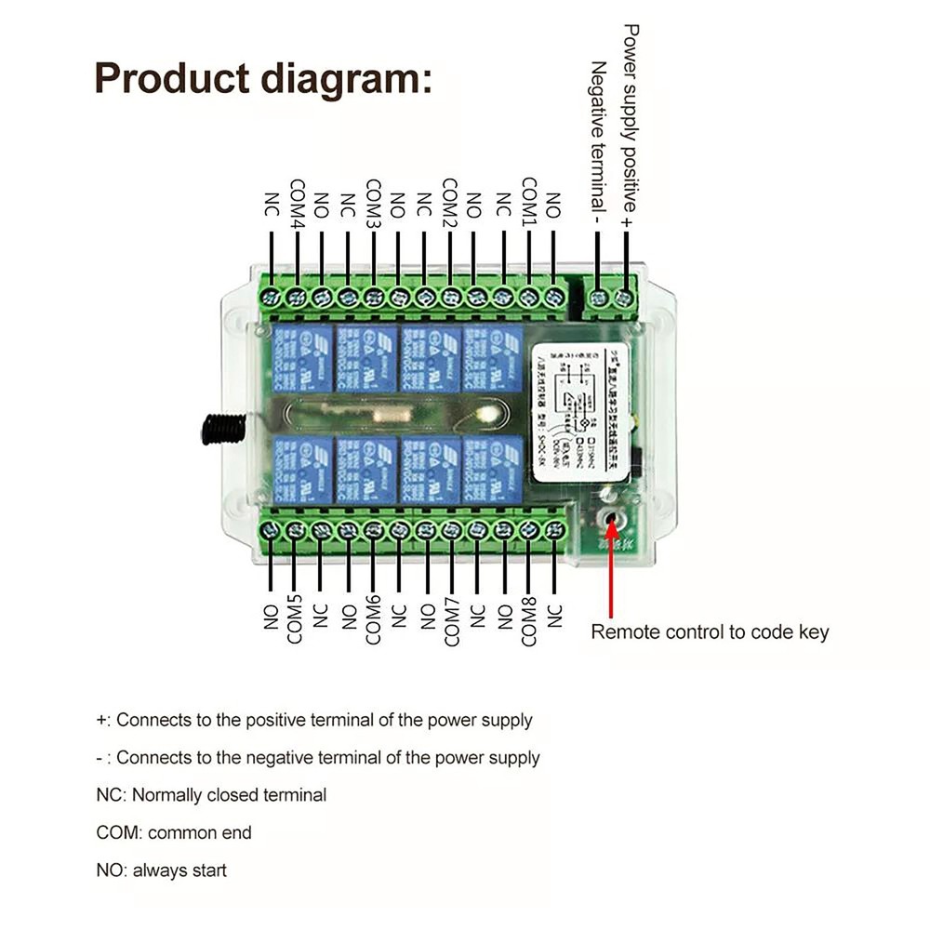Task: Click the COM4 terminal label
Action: coord(298,204)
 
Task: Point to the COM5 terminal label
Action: coord(296,620)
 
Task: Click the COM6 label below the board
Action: coord(373,620)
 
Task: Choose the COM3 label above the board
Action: coord(373,204)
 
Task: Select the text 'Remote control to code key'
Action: coord(710,632)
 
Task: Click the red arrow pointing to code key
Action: coord(611,577)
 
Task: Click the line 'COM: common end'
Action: coord(174,832)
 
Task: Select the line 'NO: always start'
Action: coord(161,870)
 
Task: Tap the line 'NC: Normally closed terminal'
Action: coord(211,795)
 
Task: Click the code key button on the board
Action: coord(611,519)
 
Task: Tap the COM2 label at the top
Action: coord(449,204)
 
